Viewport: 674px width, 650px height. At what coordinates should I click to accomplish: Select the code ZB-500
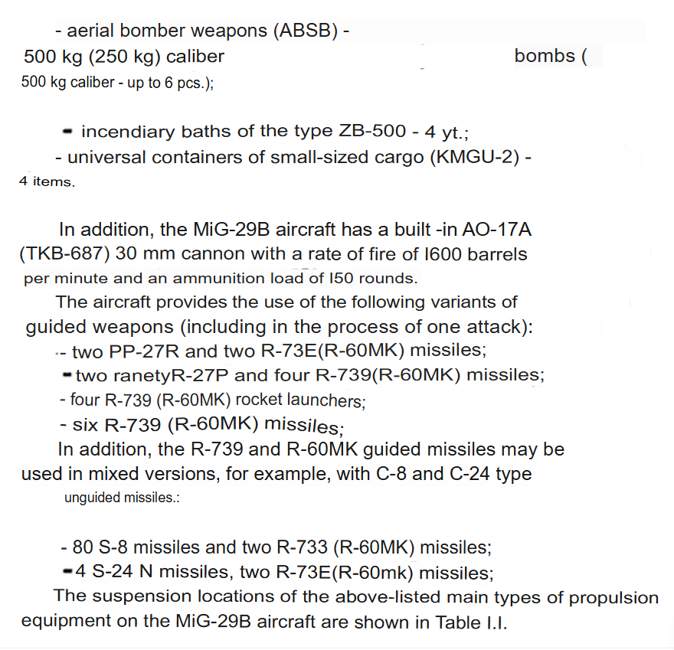tap(371, 131)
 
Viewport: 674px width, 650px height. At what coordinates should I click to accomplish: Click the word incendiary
tap(126, 131)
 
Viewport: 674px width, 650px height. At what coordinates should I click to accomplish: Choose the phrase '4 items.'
tap(47, 183)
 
